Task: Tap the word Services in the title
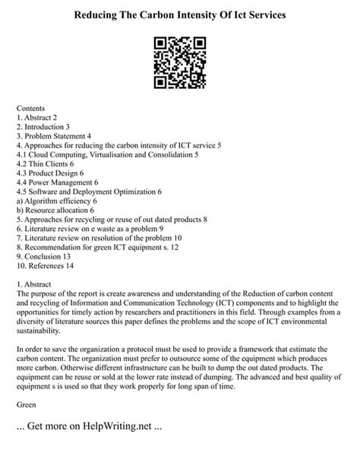coord(261,15)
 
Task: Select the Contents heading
coord(30,109)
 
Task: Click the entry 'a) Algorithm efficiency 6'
coord(56,201)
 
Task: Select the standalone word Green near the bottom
coord(27,404)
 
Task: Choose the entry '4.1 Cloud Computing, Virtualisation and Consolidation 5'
coord(107,155)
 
